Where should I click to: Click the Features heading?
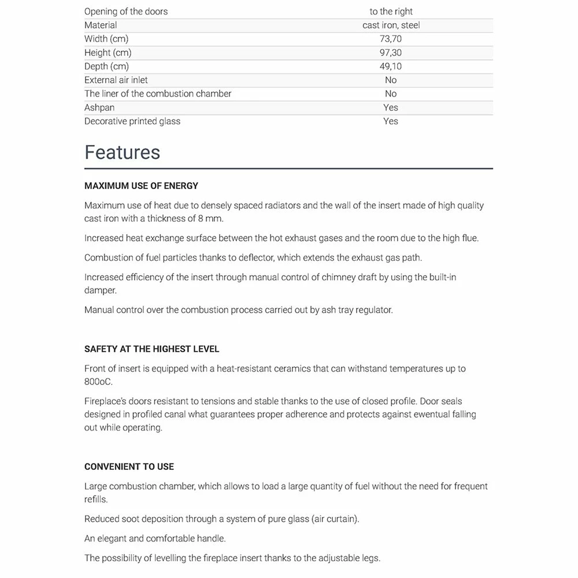(x=122, y=152)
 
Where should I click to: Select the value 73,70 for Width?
(x=391, y=39)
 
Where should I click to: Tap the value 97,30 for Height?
(x=391, y=53)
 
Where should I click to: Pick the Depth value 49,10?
(x=391, y=66)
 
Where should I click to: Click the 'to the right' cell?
(x=391, y=12)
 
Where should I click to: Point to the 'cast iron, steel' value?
(x=391, y=25)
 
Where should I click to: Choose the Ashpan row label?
(x=99, y=108)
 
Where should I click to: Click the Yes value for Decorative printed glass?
(x=391, y=121)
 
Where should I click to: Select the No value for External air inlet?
(x=391, y=80)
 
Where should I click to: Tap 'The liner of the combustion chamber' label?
(x=158, y=94)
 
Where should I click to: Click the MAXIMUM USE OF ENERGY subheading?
(x=141, y=186)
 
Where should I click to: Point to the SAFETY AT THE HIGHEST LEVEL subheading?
(x=151, y=349)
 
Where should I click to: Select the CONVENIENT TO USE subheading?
(x=129, y=466)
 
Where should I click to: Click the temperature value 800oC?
(x=99, y=382)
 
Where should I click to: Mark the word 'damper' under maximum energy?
(x=101, y=291)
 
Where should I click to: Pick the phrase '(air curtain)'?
(x=335, y=518)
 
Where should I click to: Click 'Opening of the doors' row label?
(x=126, y=12)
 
